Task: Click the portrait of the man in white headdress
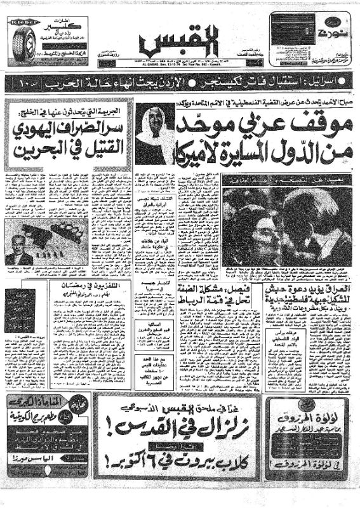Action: point(155,134)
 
